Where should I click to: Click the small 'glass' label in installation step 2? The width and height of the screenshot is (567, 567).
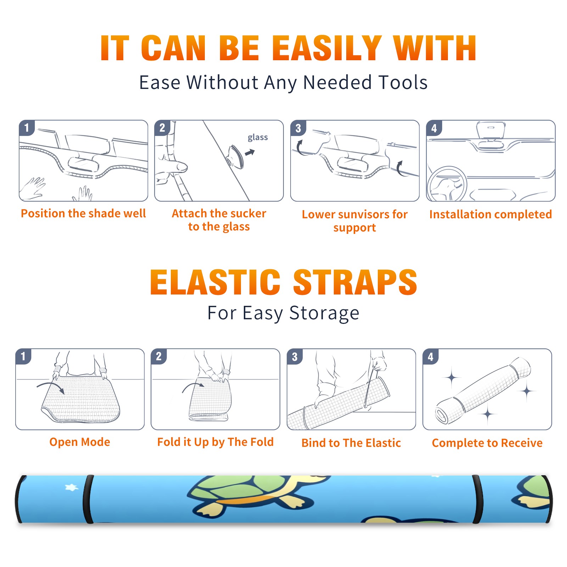coord(258,137)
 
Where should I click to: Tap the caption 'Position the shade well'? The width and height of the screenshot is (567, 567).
coord(83,213)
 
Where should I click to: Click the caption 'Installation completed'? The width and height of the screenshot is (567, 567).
coord(490,214)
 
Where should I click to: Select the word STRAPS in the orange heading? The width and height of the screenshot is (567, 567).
coord(355,282)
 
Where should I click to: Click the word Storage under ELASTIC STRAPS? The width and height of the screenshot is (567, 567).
coord(324,313)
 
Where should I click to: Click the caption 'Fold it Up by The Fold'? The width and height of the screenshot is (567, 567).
coord(215,442)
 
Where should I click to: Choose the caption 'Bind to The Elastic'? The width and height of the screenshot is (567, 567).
coord(351,443)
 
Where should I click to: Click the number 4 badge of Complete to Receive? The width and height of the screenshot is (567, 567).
coord(431,357)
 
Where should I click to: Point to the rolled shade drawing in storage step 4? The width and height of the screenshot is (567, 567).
coord(483,391)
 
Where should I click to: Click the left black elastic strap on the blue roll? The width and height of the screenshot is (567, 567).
coord(88,500)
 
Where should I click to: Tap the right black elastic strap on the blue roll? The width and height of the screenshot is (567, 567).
coord(478,500)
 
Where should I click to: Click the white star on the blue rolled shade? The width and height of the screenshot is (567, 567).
coord(72,488)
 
